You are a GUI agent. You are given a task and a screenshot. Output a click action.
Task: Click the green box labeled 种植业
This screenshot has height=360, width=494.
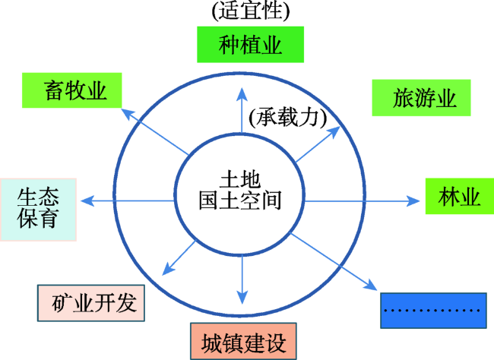coord(251,44)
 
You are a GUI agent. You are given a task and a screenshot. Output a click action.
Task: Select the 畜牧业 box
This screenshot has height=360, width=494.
coord(72,90)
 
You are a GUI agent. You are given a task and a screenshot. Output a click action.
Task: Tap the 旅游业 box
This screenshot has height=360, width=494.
coord(421,98)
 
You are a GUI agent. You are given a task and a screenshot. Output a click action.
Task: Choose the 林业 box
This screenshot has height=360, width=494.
coord(460,196)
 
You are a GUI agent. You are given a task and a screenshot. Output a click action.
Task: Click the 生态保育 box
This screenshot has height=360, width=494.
coord(38,210)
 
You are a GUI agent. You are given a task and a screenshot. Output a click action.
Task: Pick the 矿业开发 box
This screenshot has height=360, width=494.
coord(91,303)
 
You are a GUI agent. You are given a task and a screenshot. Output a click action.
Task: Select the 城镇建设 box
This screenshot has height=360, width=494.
coord(243,341)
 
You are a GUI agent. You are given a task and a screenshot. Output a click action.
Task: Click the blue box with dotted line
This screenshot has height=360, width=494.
coord(433,311)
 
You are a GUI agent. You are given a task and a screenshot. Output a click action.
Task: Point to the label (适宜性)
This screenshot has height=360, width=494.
coord(251,11)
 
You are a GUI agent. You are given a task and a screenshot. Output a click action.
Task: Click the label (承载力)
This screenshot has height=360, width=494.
coord(287,118)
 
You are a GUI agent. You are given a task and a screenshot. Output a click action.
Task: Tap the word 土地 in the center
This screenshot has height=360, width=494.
coord(240,180)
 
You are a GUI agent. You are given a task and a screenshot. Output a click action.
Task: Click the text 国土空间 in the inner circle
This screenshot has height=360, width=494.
coord(240,201)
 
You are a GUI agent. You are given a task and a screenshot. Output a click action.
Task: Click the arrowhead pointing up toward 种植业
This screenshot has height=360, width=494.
coord(242,94)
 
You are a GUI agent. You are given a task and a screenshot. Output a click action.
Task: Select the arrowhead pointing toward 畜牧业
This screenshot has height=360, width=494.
coord(127,114)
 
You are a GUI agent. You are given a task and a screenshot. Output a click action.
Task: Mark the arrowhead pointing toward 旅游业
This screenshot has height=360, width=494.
coord(334,131)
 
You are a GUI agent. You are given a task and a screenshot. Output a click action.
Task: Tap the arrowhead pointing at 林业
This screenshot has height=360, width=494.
coord(413,201)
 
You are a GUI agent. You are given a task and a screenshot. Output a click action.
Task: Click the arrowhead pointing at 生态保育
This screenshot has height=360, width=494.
coord(87,201)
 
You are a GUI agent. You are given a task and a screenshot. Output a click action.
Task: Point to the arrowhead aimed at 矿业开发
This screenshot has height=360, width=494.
coord(168,270)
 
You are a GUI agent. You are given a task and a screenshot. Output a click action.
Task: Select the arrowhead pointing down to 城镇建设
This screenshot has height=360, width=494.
coord(242,298)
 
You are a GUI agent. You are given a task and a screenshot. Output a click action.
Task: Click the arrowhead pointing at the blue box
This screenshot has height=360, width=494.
coord(371,286)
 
